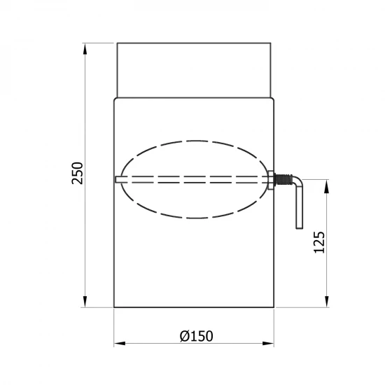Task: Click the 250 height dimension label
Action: pos(77,173)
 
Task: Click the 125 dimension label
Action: pos(320,242)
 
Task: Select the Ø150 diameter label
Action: pos(197,336)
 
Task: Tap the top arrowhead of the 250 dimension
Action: pos(85,48)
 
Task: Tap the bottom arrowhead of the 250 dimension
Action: pos(85,302)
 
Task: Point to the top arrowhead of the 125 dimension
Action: pos(327,185)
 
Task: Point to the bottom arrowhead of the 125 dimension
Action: pos(327,302)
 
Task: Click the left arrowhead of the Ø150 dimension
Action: pos(120,343)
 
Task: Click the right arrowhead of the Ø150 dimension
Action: pos(268,343)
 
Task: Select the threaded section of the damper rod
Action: pos(283,179)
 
